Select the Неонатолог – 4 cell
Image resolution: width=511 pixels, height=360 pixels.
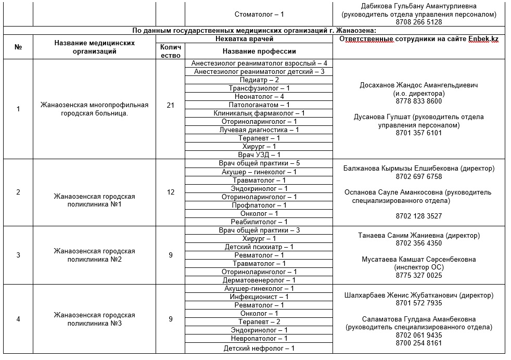[x=259, y=97]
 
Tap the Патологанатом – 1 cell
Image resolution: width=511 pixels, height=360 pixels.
[x=259, y=105]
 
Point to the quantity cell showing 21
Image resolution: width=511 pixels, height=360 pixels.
[x=170, y=105]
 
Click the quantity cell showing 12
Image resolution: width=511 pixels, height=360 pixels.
[x=170, y=192]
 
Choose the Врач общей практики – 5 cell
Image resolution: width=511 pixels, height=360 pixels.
[x=259, y=163]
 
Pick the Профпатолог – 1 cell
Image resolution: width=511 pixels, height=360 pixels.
[x=259, y=205]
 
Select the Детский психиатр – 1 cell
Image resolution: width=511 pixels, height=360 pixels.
[x=259, y=247]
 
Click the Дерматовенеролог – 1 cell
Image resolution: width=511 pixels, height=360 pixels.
[x=259, y=280]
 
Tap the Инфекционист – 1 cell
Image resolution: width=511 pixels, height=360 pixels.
[x=259, y=297]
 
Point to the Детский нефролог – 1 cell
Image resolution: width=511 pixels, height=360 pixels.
[x=259, y=348]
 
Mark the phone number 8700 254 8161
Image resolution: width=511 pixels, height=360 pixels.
[x=418, y=343]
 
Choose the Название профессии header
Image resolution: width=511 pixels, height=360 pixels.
[x=259, y=51]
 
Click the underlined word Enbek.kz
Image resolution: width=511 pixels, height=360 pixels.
[x=483, y=39]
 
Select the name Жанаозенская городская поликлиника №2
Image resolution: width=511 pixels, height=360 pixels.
[x=94, y=255]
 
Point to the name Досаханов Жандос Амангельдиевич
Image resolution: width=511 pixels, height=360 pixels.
[x=418, y=85]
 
